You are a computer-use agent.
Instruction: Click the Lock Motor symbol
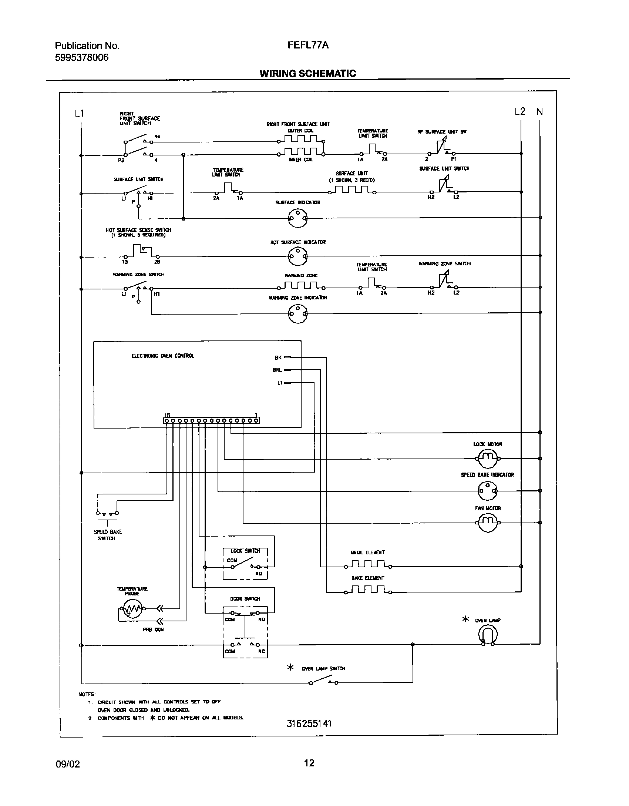coord(488,459)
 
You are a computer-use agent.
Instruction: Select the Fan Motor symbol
coord(488,523)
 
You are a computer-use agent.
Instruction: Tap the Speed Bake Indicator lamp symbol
coord(488,491)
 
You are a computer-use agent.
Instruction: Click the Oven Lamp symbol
coord(487,635)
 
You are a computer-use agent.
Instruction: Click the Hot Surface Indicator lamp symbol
coord(297,256)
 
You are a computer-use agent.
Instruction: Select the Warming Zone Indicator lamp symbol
coord(297,313)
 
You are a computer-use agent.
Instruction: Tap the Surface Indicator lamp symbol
coord(297,218)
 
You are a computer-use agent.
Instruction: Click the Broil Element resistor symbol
coord(368,565)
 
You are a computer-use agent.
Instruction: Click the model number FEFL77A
coord(308,45)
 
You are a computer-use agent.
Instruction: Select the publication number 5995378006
coord(82,58)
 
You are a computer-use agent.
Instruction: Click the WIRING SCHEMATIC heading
coord(308,73)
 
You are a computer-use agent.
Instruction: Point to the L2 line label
coord(520,111)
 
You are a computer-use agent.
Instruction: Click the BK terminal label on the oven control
coord(278,357)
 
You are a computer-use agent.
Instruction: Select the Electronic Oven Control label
coord(163,356)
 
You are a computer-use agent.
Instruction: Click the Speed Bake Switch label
coord(107,535)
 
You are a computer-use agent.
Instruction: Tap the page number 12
coord(309,763)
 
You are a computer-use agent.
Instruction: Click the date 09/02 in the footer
coord(67,764)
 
